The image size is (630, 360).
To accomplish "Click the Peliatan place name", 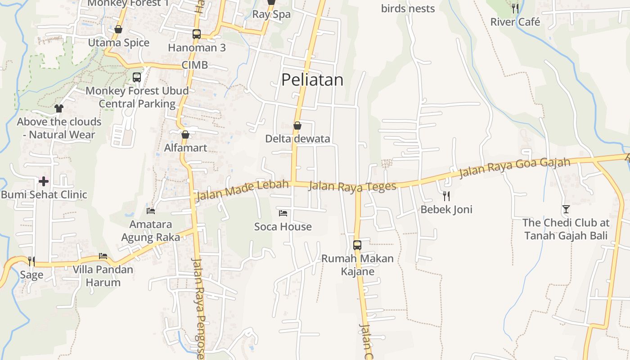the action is [312, 80].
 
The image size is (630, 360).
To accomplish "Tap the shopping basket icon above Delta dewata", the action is [297, 126].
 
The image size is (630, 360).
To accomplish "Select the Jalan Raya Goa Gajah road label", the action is [514, 167].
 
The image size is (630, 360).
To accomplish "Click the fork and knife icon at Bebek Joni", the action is [446, 196].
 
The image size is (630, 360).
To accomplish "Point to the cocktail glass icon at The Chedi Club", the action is [566, 209].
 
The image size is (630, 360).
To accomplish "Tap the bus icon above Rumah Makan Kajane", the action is [357, 245].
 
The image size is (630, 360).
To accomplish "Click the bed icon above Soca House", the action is [283, 213].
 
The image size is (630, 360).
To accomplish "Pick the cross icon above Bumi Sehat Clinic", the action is [44, 181].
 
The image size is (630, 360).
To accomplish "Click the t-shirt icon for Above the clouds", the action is [59, 108].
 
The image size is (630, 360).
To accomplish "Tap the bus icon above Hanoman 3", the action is [197, 34].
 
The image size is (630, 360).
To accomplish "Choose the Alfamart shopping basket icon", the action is [185, 135].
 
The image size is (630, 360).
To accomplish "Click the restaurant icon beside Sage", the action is [31, 261].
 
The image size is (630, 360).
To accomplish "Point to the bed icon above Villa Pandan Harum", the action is [103, 256].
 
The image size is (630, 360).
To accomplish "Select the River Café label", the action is [515, 22].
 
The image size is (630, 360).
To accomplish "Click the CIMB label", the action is [194, 65].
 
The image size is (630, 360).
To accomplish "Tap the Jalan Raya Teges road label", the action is [352, 186].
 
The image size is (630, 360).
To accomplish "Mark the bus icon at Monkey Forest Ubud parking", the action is [137, 77].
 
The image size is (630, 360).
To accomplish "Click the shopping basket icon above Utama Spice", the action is [118, 30].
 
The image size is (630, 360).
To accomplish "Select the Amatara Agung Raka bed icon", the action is [151, 211].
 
